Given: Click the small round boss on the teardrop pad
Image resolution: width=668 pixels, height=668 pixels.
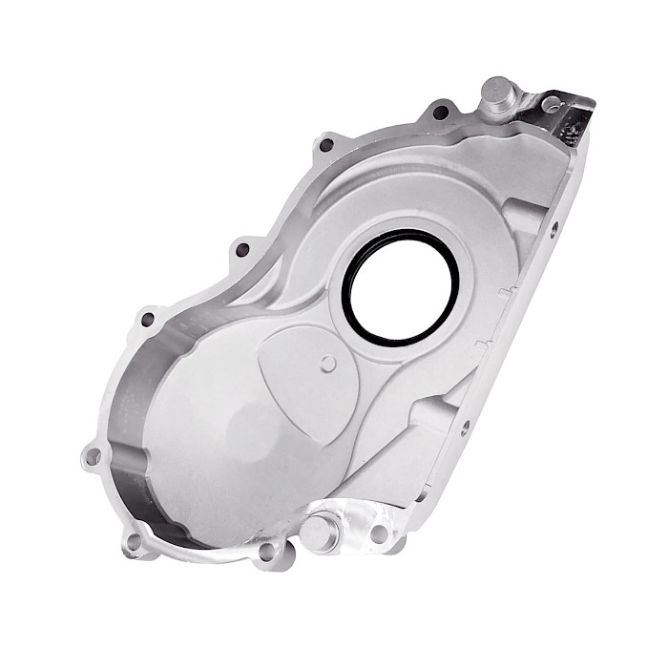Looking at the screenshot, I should click(x=329, y=363).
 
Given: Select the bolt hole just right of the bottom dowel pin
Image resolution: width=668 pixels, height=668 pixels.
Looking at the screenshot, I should click(x=380, y=532).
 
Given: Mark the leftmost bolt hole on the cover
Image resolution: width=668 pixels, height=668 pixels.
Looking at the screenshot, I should click(x=93, y=457).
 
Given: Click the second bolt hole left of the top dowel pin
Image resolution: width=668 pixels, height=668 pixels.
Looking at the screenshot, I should click(x=326, y=145).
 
